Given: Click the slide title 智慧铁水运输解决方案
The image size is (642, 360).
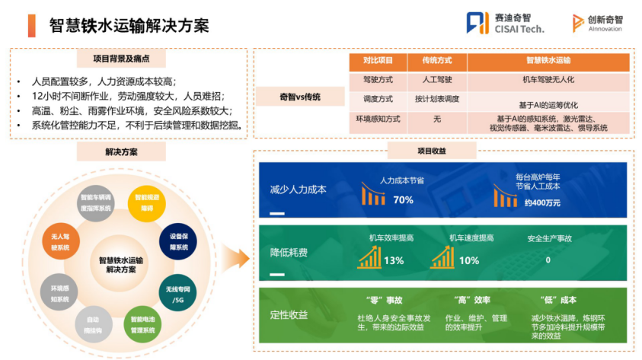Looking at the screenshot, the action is (129, 25).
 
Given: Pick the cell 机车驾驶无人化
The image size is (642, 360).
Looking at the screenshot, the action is (548, 79).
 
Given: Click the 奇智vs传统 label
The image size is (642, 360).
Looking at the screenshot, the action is (299, 97).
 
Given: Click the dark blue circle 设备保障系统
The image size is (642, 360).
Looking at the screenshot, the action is (179, 241).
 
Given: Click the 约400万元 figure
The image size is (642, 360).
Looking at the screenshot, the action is (541, 202).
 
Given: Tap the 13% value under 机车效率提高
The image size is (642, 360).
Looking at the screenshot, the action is (394, 260).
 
